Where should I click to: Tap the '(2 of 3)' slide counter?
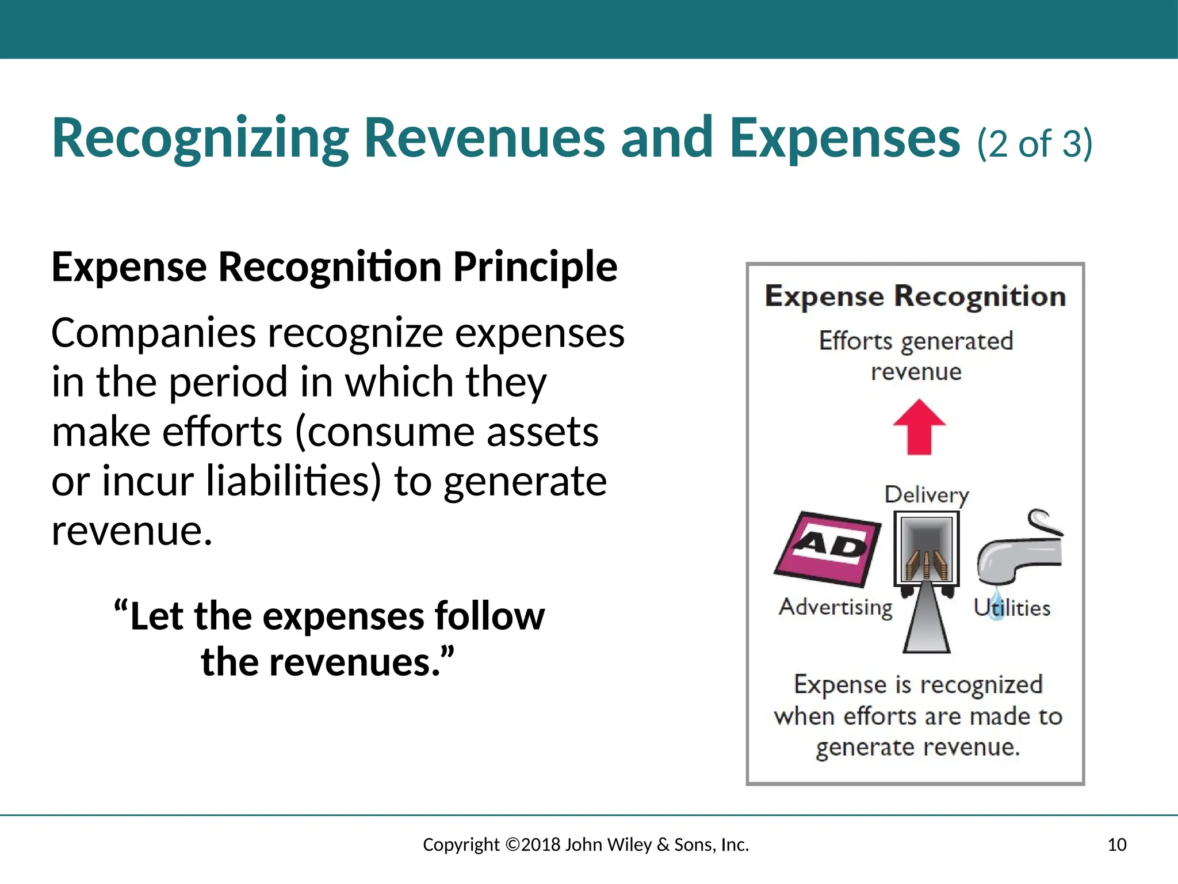point(1034,143)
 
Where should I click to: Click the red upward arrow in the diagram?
point(919,426)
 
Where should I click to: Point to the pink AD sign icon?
point(828,548)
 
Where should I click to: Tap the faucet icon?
point(1019,547)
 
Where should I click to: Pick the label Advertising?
point(836,607)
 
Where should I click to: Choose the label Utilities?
point(1012,608)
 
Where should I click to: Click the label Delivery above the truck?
point(927,495)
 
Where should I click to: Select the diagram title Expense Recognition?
point(915,296)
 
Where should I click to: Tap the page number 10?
point(1116,844)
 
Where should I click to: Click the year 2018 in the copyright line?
point(541,844)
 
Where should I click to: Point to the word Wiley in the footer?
point(629,844)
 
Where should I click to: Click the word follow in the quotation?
point(489,616)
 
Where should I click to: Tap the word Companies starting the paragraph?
point(153,333)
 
